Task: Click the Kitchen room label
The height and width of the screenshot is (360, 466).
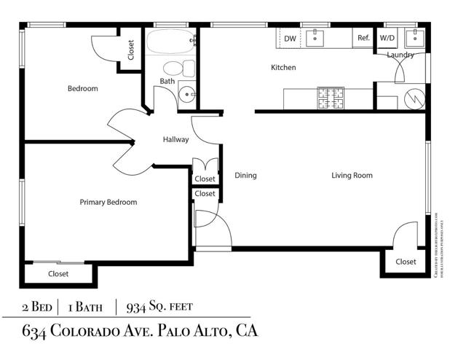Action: click(x=283, y=68)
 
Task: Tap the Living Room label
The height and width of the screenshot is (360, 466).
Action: click(x=352, y=175)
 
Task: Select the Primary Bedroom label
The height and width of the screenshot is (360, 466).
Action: click(x=108, y=203)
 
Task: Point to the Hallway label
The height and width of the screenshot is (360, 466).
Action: click(x=175, y=140)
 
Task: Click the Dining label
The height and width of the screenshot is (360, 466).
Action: click(x=246, y=175)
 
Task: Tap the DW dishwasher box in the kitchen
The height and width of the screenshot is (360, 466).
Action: click(x=290, y=39)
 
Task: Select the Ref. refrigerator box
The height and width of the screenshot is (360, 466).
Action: click(x=363, y=39)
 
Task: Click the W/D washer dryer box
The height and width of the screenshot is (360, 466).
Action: click(x=387, y=39)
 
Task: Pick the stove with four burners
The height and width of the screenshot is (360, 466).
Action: click(x=331, y=98)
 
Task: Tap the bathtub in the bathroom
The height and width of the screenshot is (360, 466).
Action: click(x=170, y=43)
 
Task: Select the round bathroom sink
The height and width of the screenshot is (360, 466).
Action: click(x=188, y=93)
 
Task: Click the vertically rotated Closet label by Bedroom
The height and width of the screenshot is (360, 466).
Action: click(x=131, y=50)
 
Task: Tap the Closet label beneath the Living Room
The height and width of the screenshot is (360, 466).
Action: click(x=406, y=262)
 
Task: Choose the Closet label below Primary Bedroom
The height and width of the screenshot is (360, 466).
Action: click(x=58, y=274)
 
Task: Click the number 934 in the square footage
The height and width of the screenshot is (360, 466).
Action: click(x=138, y=306)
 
